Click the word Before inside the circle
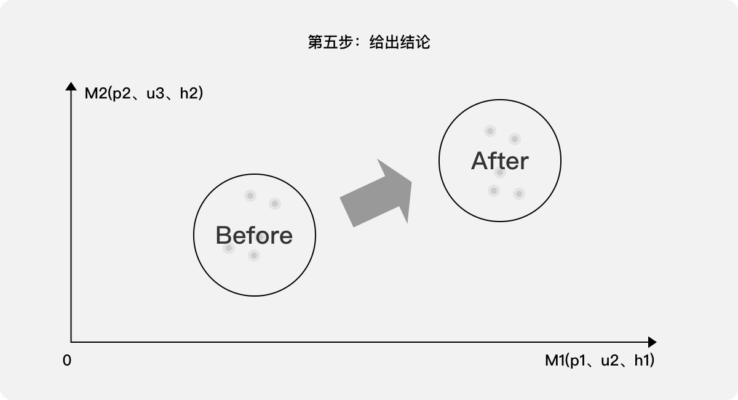pos(254,236)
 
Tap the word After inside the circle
pos(499,161)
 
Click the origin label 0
pos(67,361)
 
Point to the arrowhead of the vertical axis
pos(71,87)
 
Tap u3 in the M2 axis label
pos(154,94)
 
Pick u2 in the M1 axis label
pos(609,361)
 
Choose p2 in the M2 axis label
pos(121,94)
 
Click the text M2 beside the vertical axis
pos(95,94)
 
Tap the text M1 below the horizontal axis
pos(555,361)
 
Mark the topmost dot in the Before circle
pos(250,196)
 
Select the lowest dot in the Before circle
pos(254,255)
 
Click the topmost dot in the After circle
pos(490,130)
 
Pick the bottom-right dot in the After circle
pos(519,194)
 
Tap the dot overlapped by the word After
pos(500,172)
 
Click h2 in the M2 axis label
pos(188,94)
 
